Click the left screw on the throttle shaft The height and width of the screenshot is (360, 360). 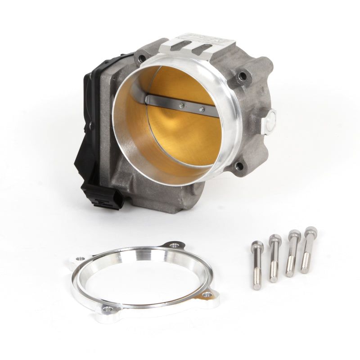coord(181,106)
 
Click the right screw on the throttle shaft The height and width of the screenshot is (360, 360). coord(201,109)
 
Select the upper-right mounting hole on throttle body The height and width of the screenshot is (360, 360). coord(243,76)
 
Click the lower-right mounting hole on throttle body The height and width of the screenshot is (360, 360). coord(239,166)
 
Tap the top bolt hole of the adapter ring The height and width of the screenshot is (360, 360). coord(173,246)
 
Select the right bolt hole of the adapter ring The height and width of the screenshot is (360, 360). coord(206,295)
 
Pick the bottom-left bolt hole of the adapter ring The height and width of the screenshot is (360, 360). coord(107,310)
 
